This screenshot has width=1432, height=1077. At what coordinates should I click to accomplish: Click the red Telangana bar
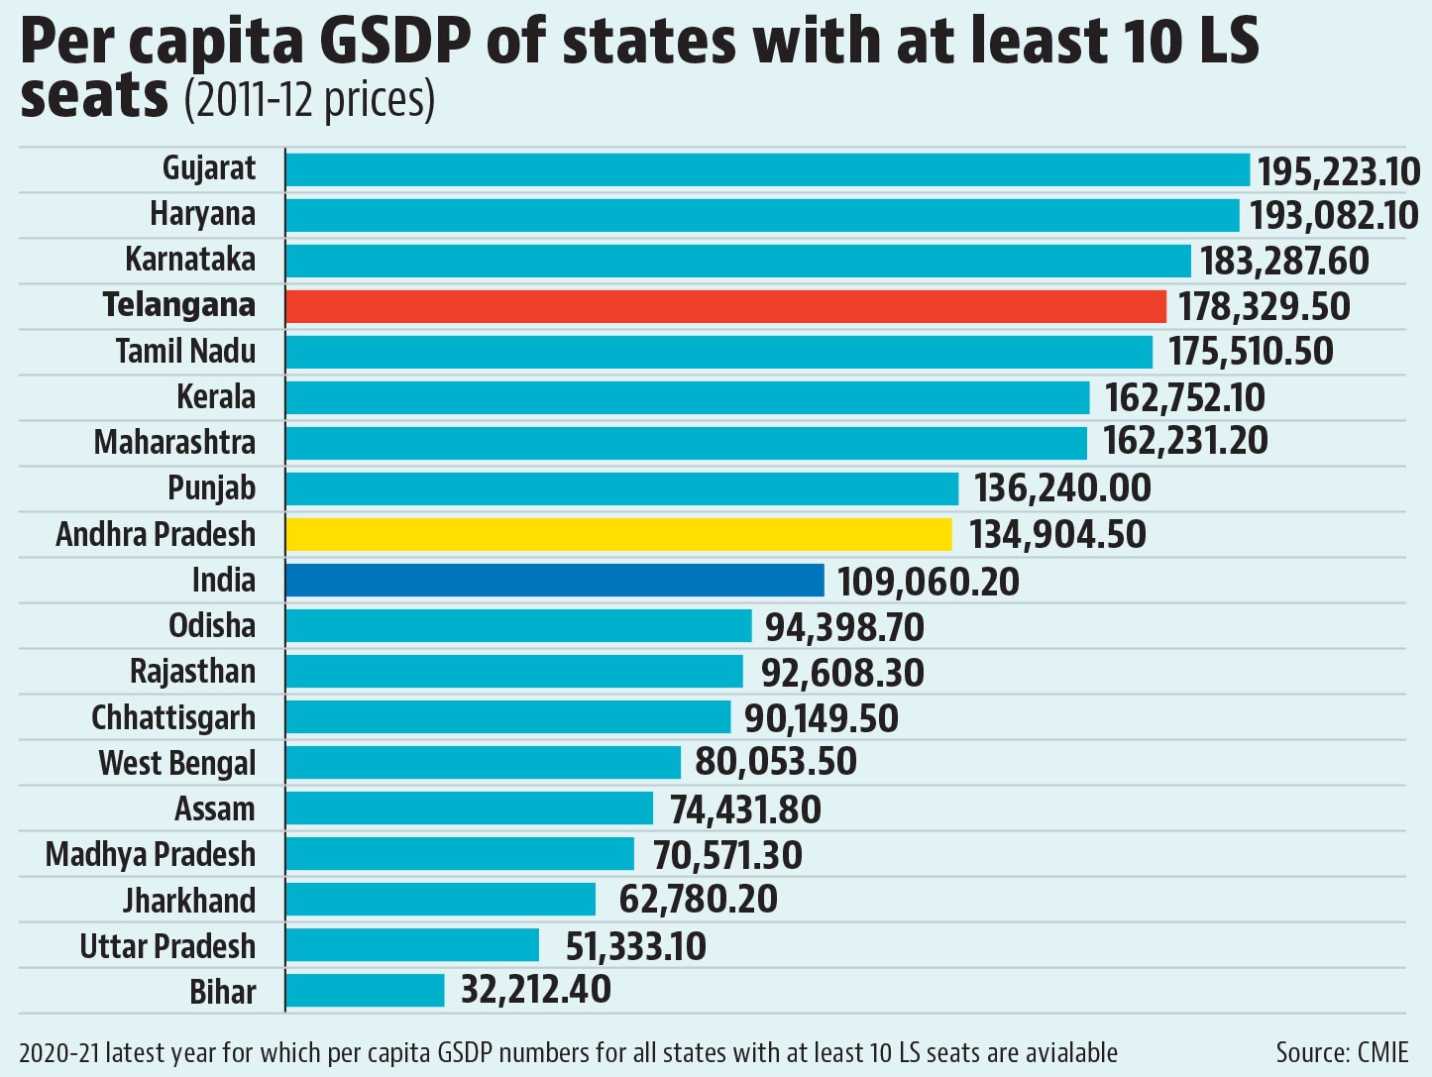coord(726,306)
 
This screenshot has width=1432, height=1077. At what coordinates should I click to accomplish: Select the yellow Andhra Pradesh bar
coord(619,535)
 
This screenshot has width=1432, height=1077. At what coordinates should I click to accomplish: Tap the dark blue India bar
coord(555,581)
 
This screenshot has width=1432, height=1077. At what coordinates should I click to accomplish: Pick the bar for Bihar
coord(366,990)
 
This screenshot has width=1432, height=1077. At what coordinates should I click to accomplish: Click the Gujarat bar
coord(768,169)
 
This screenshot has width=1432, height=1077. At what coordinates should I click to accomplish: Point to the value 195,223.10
coord(1339,171)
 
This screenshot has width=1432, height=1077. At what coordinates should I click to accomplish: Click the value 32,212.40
coord(536,989)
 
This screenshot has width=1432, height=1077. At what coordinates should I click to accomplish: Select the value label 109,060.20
coord(928,582)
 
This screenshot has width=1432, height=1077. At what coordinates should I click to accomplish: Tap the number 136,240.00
coord(1062,488)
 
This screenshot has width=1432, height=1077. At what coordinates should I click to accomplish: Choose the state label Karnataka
coord(190,260)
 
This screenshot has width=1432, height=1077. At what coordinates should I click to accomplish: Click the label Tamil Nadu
coord(186,351)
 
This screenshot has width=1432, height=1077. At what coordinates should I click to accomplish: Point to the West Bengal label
coord(177,764)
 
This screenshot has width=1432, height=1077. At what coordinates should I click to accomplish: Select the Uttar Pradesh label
coord(167,946)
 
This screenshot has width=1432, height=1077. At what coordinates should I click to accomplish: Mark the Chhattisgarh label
coord(173,717)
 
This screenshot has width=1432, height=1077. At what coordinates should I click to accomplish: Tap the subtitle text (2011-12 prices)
coord(309,100)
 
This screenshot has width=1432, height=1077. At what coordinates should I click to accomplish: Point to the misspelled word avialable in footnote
coord(1055,1052)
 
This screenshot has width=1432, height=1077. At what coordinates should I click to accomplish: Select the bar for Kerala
coord(688,397)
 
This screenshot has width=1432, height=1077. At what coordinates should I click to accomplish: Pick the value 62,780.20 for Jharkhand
coord(698,899)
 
